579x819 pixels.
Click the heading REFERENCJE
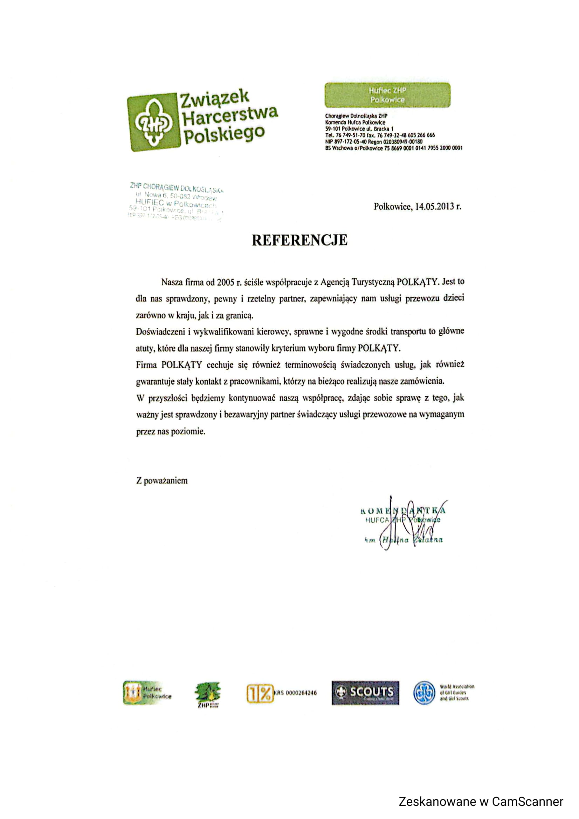[x=299, y=241]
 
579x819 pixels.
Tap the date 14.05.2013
[x=434, y=207]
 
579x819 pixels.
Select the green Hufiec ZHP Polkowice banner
[x=387, y=95]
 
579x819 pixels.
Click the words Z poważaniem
[x=161, y=480]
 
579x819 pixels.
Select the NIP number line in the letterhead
[x=373, y=141]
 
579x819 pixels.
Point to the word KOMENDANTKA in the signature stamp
[x=403, y=511]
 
